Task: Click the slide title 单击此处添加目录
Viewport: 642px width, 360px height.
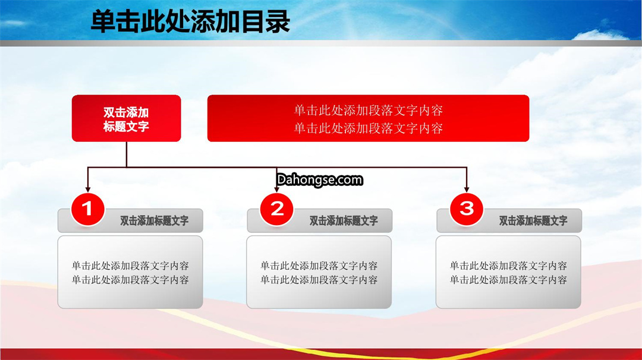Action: [190, 21]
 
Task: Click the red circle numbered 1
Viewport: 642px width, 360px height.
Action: [87, 209]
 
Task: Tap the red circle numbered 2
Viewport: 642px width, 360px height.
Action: [277, 209]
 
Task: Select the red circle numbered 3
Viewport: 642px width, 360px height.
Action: [467, 209]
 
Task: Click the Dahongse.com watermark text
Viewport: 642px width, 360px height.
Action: [320, 179]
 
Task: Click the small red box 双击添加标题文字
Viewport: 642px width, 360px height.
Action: [126, 118]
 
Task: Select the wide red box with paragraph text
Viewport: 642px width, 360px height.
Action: [368, 118]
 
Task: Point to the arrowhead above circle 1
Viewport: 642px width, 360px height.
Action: [87, 189]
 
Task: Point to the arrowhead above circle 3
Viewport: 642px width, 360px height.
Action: [467, 189]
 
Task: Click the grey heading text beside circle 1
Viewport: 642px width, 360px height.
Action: [155, 221]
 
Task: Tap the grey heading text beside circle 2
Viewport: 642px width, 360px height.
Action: [344, 221]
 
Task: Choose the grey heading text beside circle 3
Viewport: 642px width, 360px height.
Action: [533, 221]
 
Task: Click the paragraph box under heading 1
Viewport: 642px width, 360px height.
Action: [130, 272]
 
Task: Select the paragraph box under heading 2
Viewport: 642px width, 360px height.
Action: [319, 272]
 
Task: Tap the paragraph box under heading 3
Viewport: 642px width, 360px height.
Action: [508, 272]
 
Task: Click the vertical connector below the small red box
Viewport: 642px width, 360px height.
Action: [127, 154]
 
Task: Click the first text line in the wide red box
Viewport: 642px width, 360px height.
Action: [369, 110]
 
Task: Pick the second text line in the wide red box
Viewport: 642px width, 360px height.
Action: [369, 128]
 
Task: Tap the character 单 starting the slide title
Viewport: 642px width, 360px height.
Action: [103, 21]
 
